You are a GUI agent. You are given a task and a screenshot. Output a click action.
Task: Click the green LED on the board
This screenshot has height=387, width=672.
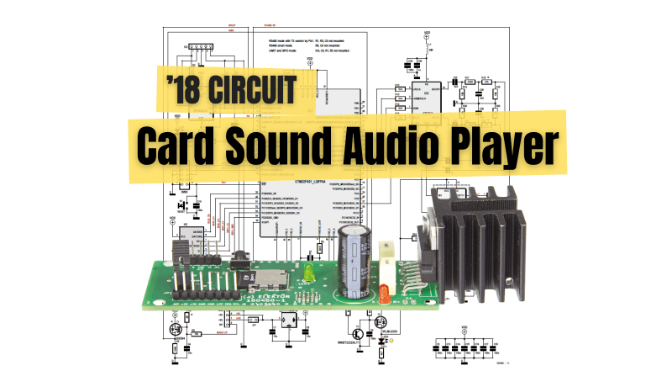(x=309, y=273)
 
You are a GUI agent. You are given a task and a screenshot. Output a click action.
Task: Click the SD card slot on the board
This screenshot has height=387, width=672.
(x=270, y=278)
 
